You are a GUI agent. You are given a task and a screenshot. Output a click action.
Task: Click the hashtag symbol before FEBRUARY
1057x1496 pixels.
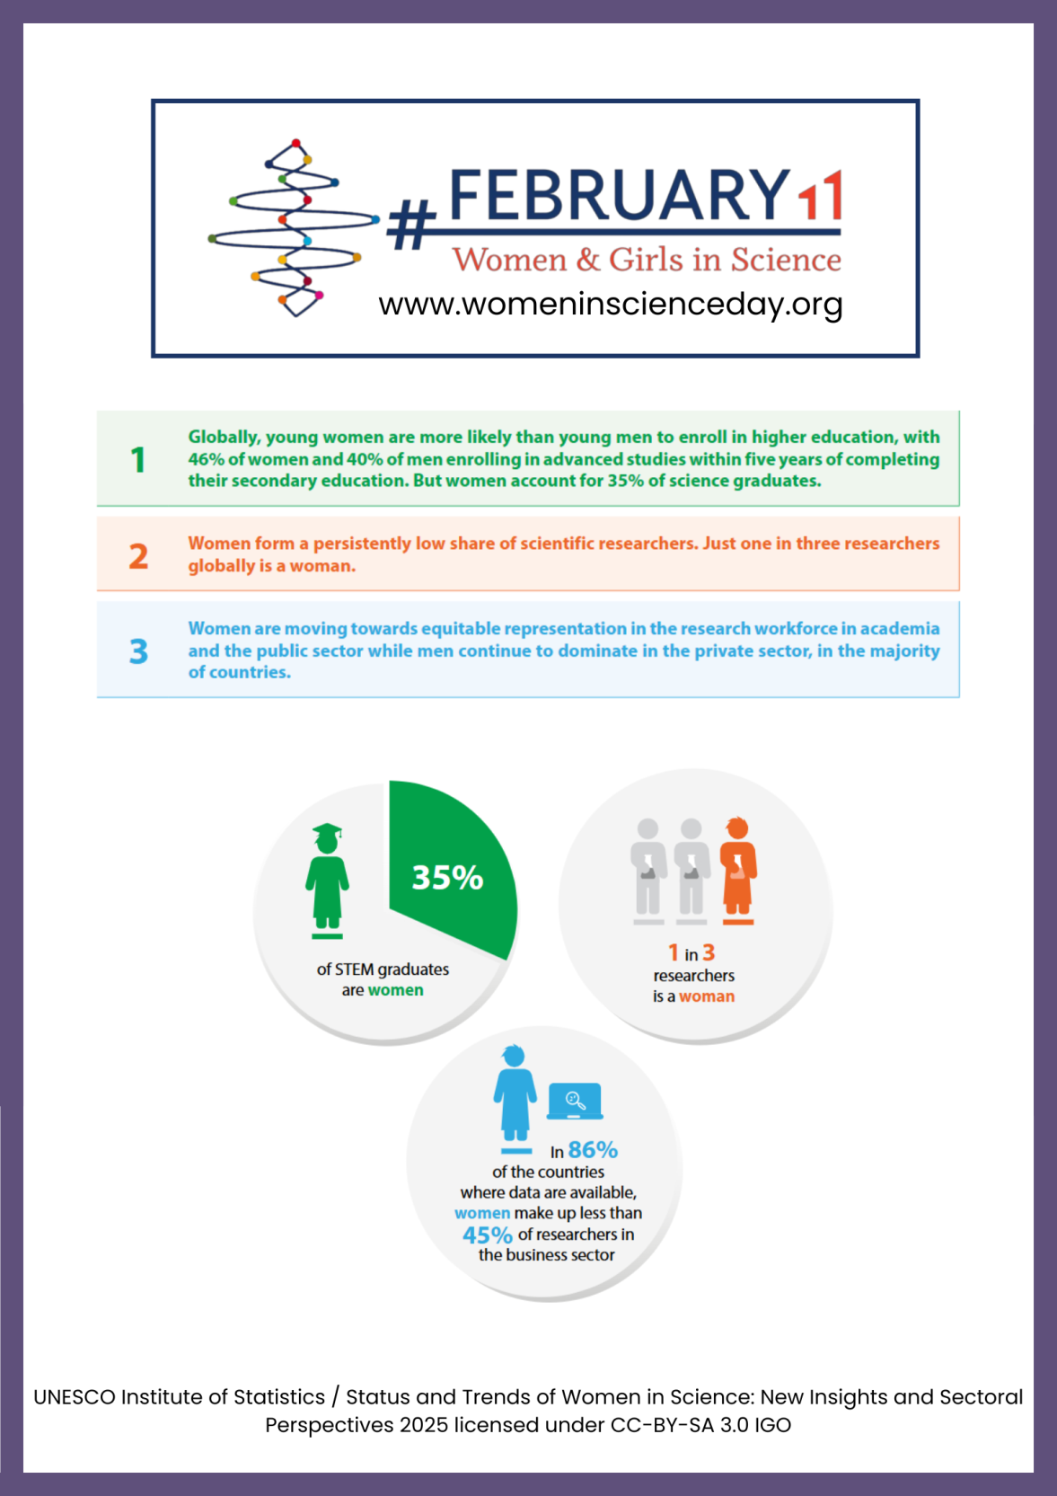pyautogui.click(x=411, y=225)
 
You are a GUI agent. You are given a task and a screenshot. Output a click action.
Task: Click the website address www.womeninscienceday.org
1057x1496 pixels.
pyautogui.click(x=610, y=305)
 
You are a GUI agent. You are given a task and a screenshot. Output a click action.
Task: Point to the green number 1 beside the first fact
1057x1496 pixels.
pyautogui.click(x=137, y=460)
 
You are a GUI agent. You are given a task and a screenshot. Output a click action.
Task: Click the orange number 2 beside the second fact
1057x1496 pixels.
pyautogui.click(x=138, y=556)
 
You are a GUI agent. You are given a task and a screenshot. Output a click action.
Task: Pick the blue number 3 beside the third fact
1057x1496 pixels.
pyautogui.click(x=138, y=651)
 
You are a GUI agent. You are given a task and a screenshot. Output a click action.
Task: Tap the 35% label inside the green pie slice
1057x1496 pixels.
pyautogui.click(x=447, y=878)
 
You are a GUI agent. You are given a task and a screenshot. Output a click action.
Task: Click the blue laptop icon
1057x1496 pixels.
pyautogui.click(x=575, y=1101)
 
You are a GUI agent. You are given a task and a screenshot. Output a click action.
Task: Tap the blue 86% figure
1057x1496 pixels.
pyautogui.click(x=593, y=1150)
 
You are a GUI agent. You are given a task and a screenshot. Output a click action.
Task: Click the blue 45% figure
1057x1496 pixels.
pyautogui.click(x=488, y=1235)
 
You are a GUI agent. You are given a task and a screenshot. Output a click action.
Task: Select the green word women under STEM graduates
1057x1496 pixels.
pyautogui.click(x=395, y=990)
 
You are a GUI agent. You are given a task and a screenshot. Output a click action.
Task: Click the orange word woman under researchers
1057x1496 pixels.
pyautogui.click(x=707, y=996)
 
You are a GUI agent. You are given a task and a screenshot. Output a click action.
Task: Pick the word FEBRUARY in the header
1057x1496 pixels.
pyautogui.click(x=619, y=195)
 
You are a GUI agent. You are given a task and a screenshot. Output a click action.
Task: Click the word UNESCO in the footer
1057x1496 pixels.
pyautogui.click(x=74, y=1397)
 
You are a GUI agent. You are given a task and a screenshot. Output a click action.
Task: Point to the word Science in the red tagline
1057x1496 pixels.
pyautogui.click(x=786, y=260)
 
